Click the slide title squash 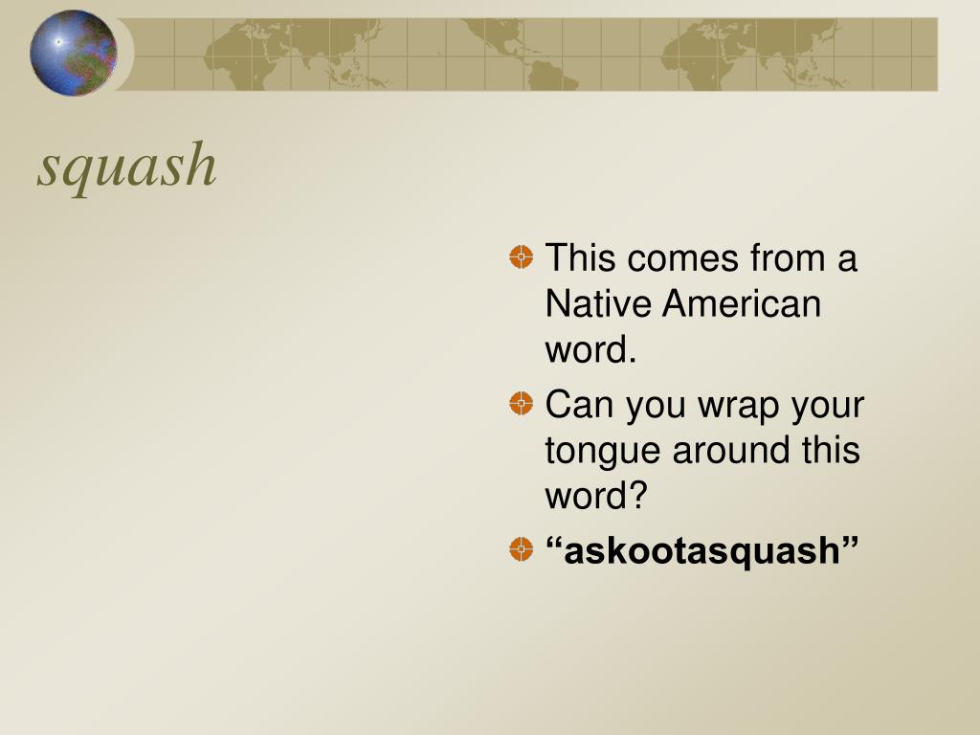(x=127, y=165)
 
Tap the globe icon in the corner (x=73, y=53)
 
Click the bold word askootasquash (x=702, y=550)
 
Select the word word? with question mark (x=596, y=496)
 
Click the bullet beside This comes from (x=521, y=256)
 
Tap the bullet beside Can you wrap (x=521, y=403)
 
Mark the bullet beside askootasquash (x=521, y=548)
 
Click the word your (x=827, y=406)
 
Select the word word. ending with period (x=590, y=350)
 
